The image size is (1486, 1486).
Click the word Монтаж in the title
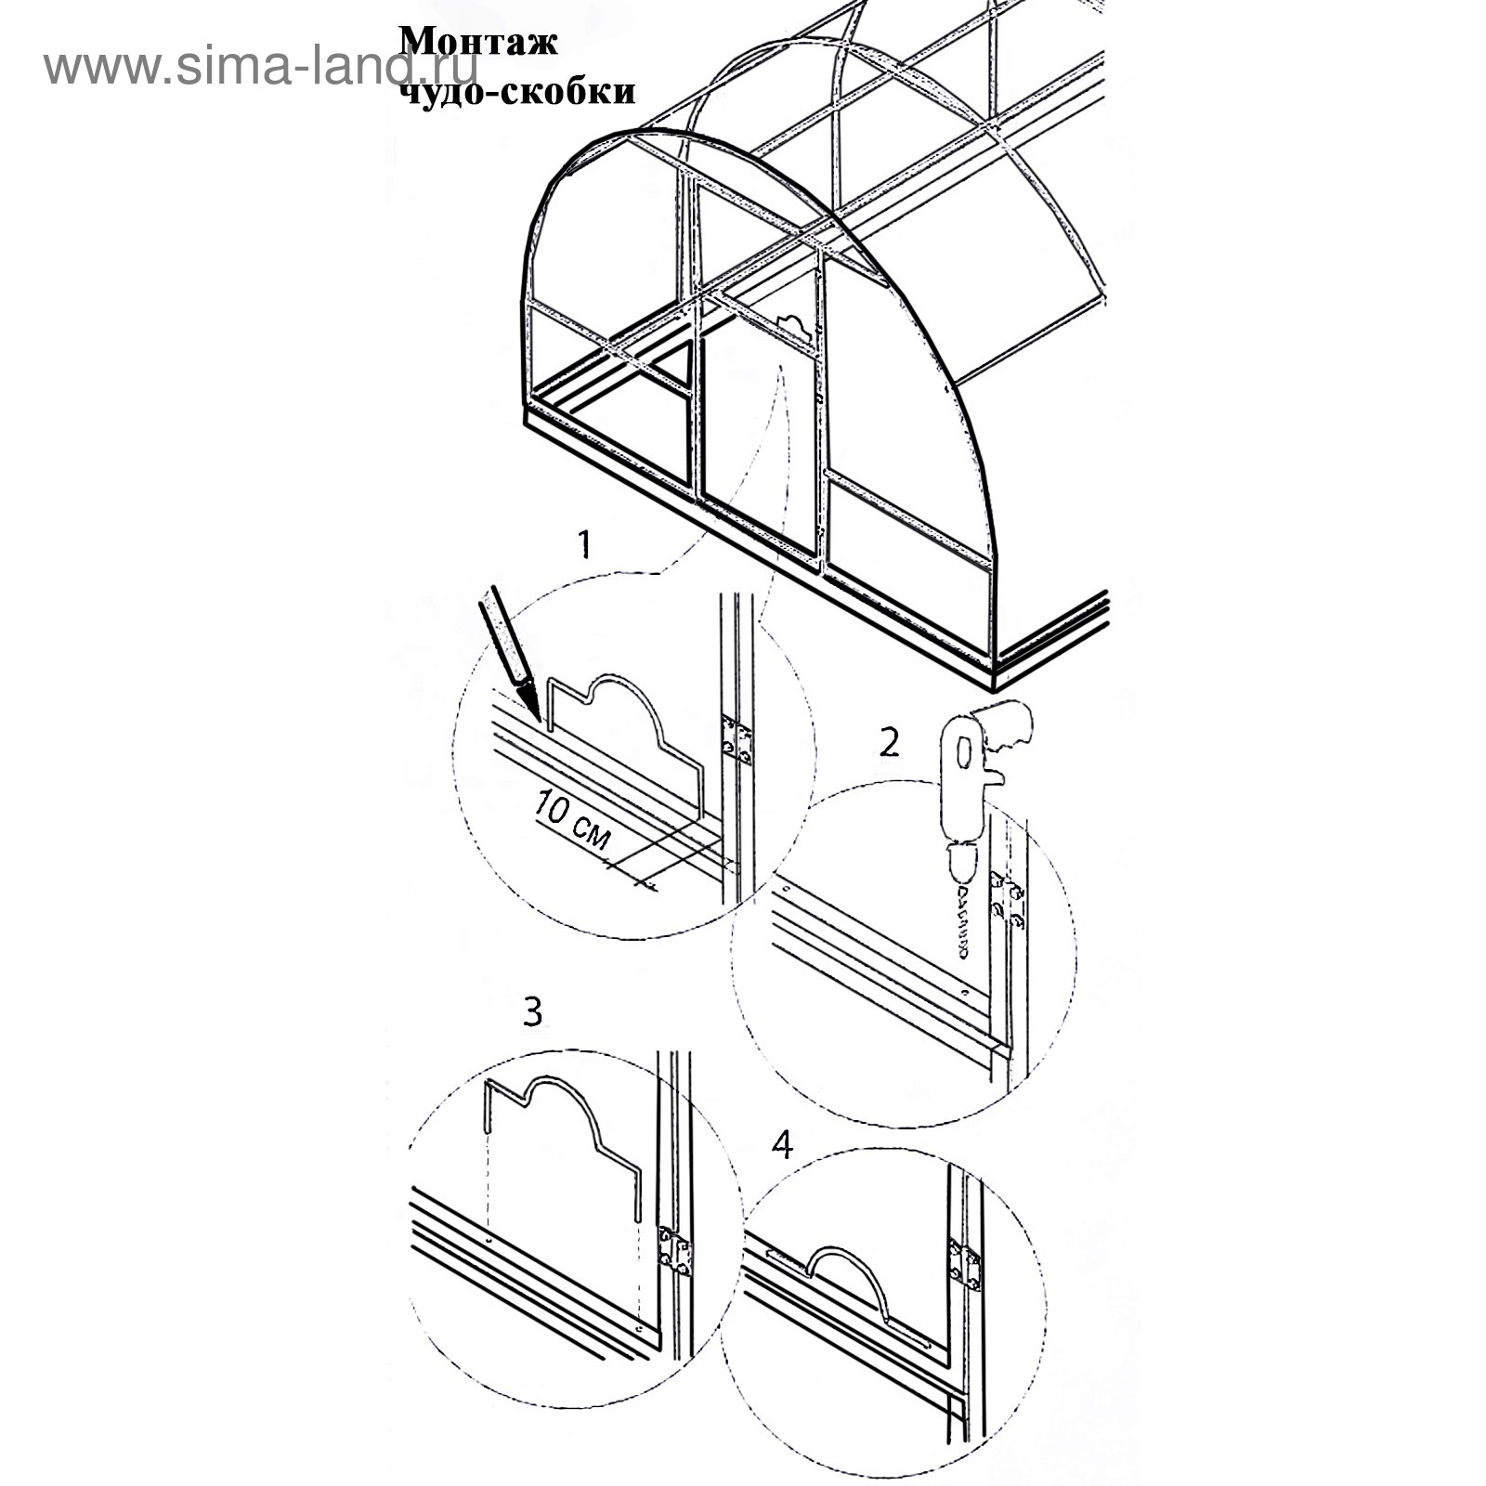click(478, 42)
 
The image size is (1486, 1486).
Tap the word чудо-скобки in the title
click(517, 91)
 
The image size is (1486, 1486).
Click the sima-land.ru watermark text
click(260, 66)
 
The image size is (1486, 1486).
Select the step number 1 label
click(584, 545)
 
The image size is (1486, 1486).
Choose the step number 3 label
click(532, 1011)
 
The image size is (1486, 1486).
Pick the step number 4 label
click(782, 1144)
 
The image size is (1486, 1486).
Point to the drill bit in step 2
click(964, 922)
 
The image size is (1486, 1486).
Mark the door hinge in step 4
click(964, 1265)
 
